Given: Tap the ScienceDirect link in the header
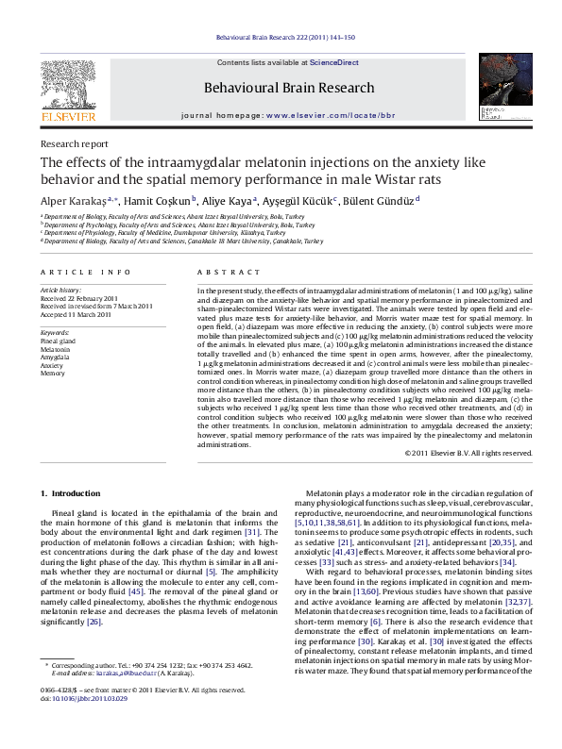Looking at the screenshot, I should (335, 62).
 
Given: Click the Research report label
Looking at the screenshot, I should (74, 144).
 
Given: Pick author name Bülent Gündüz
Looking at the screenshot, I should (381, 200).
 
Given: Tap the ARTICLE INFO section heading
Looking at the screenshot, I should (85, 273).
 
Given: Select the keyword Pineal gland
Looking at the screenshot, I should (60, 341).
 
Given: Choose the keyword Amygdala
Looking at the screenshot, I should (56, 357).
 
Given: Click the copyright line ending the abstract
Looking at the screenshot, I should (468, 454).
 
